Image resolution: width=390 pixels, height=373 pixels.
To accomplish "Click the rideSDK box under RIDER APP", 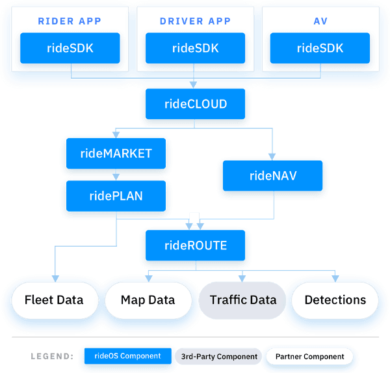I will point(70,48).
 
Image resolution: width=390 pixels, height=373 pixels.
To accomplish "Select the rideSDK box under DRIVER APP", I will point(196,48).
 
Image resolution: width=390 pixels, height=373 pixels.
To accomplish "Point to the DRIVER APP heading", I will point(195,21).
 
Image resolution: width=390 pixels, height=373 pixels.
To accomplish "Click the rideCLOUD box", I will point(195,104).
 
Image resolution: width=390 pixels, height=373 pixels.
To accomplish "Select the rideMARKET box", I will point(116,154).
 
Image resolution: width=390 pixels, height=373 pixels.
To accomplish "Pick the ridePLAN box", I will point(116,195).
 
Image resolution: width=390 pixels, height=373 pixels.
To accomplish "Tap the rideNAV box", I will point(273,175).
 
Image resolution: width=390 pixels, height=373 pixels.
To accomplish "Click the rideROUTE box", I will point(195,245).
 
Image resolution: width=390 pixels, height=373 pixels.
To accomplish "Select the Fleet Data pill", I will point(54,300).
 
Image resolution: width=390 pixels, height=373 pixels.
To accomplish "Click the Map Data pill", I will point(148,300).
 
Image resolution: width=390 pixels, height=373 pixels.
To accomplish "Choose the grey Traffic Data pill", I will point(242,300).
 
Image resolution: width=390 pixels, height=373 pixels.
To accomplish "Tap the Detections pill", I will point(335,300).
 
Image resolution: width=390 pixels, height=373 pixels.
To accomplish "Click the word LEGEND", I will point(51,357).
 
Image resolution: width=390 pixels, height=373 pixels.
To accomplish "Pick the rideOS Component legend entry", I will point(127,356).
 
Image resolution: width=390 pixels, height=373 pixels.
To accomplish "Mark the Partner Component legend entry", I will point(309,357).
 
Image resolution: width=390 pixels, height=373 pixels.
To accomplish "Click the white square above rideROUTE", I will point(193,217).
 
